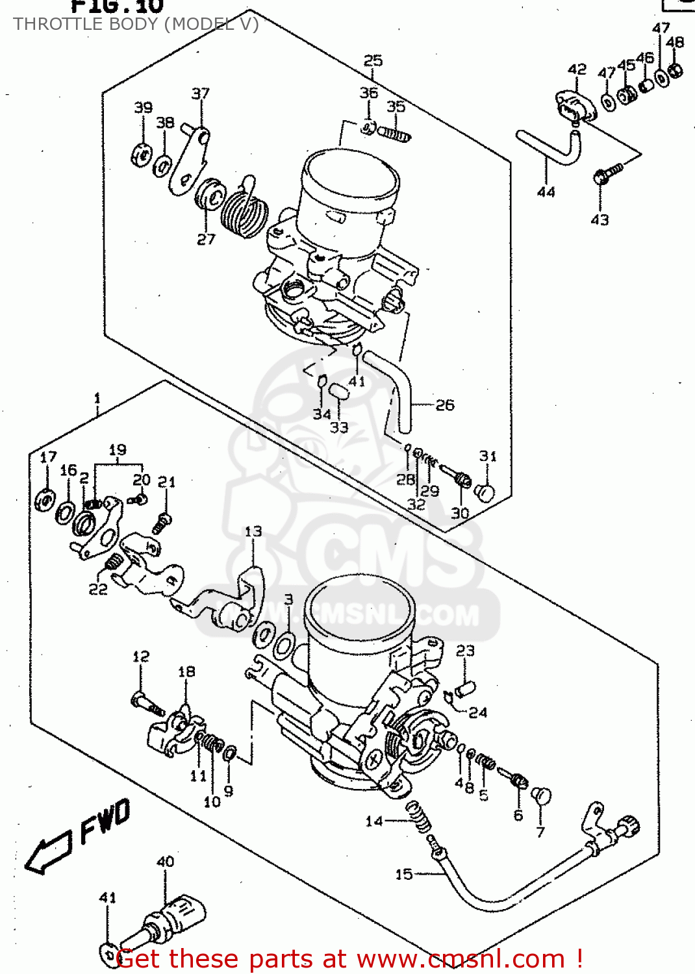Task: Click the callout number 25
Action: pyautogui.click(x=373, y=60)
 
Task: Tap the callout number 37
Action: pyautogui.click(x=201, y=94)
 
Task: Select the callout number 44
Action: pyautogui.click(x=546, y=192)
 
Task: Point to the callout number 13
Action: pyautogui.click(x=253, y=532)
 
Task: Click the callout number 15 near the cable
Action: pyautogui.click(x=404, y=874)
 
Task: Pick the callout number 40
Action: pyautogui.click(x=165, y=862)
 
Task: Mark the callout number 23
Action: pyautogui.click(x=465, y=651)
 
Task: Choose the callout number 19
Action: pyautogui.click(x=118, y=450)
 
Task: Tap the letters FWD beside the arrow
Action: pyautogui.click(x=105, y=821)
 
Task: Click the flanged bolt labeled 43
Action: pyautogui.click(x=607, y=173)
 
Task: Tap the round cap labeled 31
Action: pyautogui.click(x=486, y=493)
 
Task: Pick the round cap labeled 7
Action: pyautogui.click(x=541, y=796)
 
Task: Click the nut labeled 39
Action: pyautogui.click(x=141, y=156)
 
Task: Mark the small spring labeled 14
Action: pyautogui.click(x=420, y=817)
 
